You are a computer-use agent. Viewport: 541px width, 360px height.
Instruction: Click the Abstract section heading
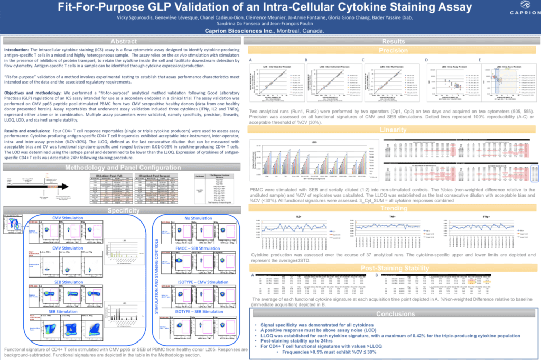point(123,42)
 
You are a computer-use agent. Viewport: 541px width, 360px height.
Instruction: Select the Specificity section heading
point(123,210)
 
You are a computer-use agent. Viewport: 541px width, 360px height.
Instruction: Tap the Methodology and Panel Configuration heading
point(123,168)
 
